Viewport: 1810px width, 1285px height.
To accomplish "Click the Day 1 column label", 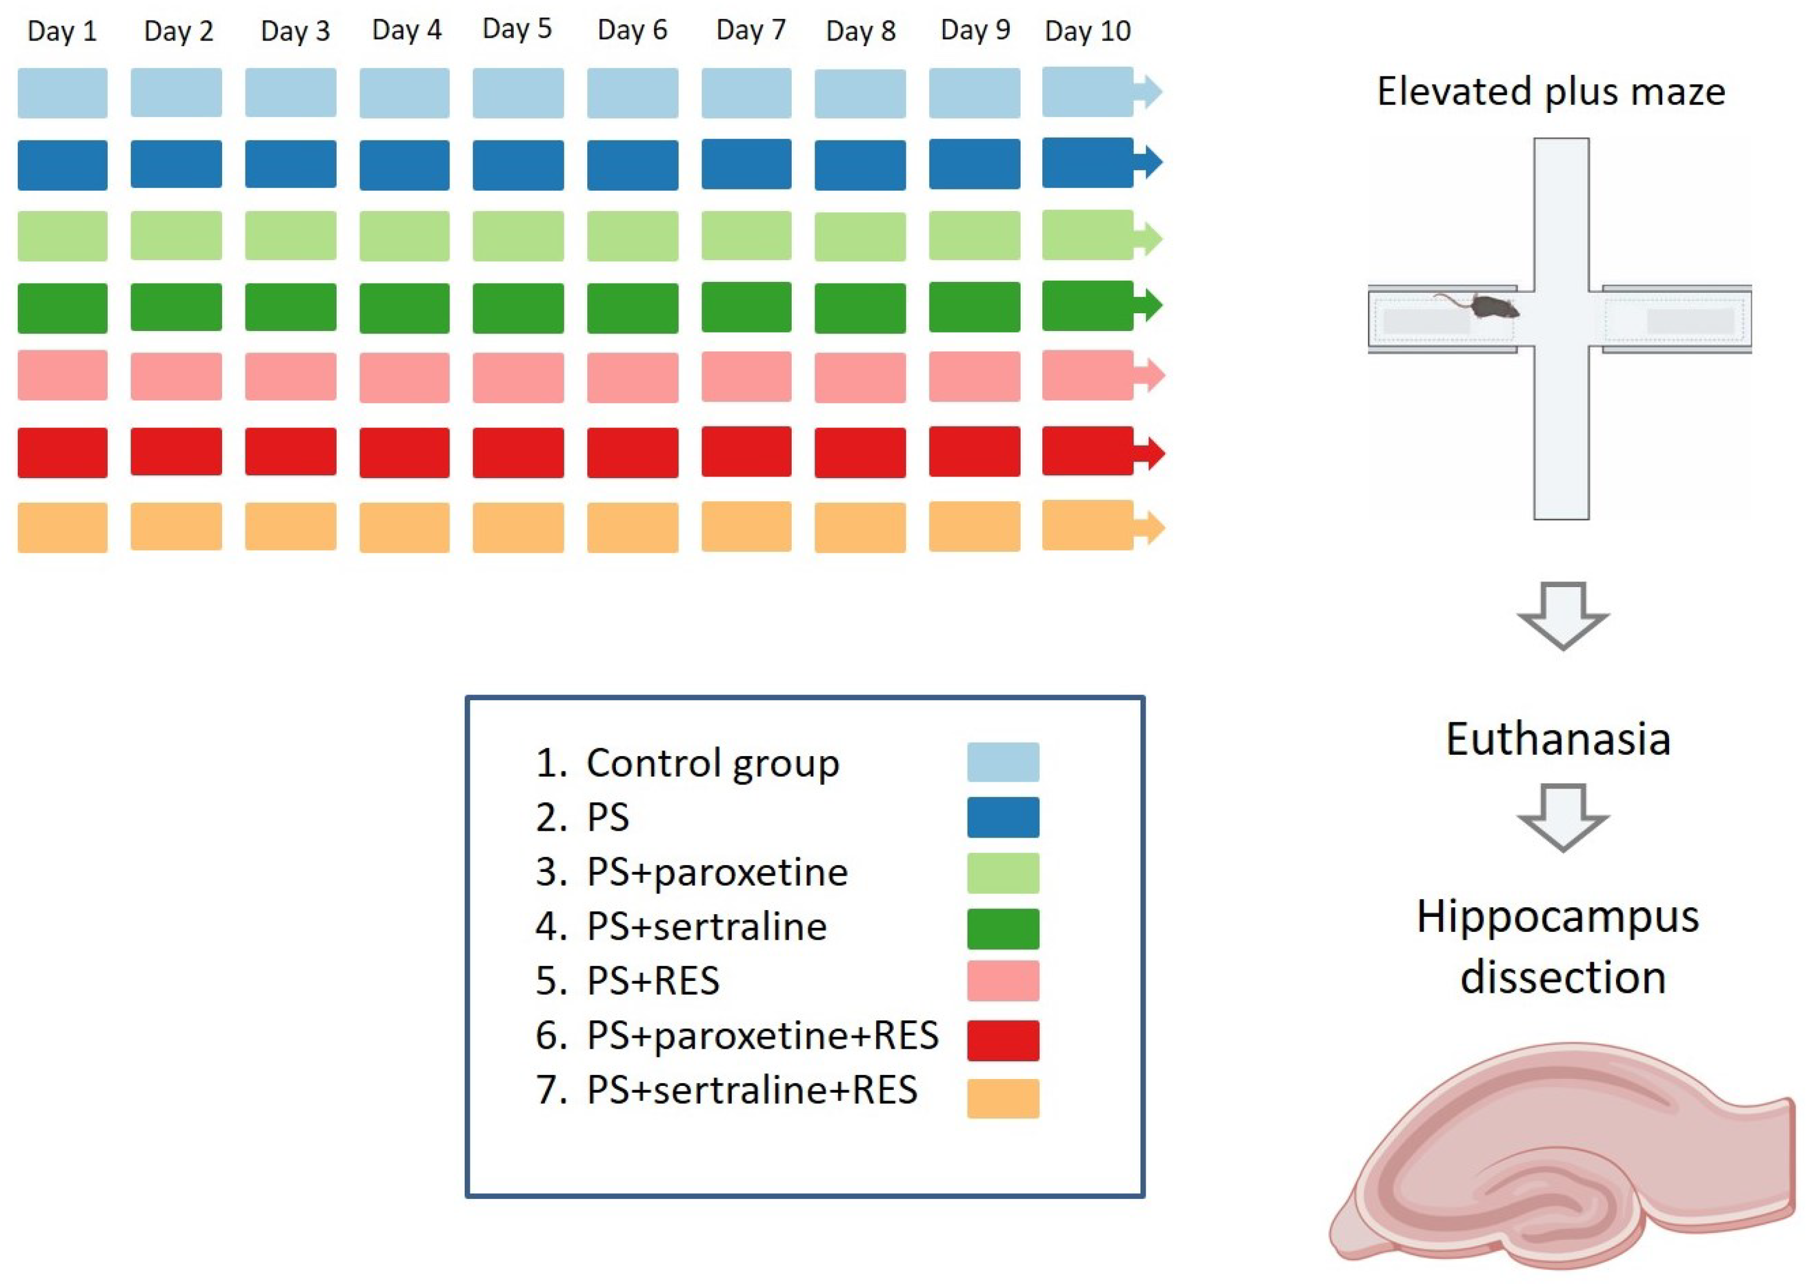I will click(x=62, y=31).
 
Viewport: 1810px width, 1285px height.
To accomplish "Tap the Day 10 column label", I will click(x=1087, y=31).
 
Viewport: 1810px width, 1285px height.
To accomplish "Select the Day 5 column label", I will click(x=517, y=29).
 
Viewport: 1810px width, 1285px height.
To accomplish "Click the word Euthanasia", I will click(x=1558, y=739).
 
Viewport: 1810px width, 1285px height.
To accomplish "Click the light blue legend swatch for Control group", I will click(x=1003, y=762).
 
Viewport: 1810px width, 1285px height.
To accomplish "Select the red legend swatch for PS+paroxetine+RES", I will click(x=1003, y=1040).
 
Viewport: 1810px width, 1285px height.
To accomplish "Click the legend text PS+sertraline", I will click(x=706, y=927).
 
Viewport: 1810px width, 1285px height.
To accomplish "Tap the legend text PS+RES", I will click(x=653, y=981).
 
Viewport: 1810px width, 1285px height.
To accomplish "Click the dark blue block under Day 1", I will click(x=63, y=164).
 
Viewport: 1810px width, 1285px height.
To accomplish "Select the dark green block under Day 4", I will click(x=405, y=307).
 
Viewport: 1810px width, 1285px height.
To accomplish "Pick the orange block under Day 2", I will click(x=176, y=526).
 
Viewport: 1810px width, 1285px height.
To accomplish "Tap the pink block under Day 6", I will click(x=632, y=377).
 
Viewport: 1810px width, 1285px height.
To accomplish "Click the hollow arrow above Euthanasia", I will click(x=1562, y=616).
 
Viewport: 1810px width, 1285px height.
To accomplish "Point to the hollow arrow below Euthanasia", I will click(x=1562, y=817).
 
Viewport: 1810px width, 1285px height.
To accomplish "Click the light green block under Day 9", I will click(x=974, y=235).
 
